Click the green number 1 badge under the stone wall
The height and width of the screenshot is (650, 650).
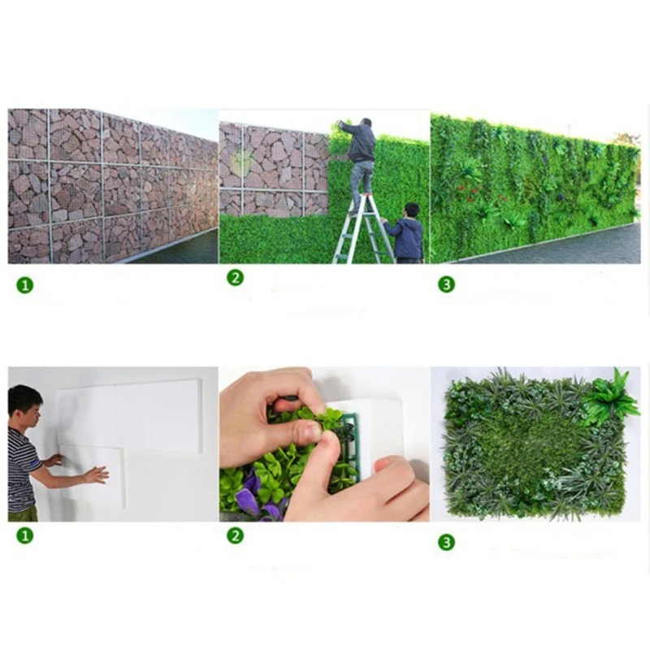(x=25, y=285)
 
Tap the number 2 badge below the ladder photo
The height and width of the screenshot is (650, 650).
(x=235, y=278)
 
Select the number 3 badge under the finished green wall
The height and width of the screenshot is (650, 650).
(x=446, y=284)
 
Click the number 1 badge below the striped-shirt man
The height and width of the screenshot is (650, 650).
(x=25, y=535)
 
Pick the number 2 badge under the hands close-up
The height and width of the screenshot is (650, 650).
(x=235, y=535)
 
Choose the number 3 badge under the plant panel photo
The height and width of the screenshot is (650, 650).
(x=446, y=542)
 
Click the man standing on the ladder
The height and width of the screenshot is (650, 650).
(x=360, y=154)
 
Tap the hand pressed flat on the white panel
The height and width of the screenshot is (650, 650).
(x=97, y=474)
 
